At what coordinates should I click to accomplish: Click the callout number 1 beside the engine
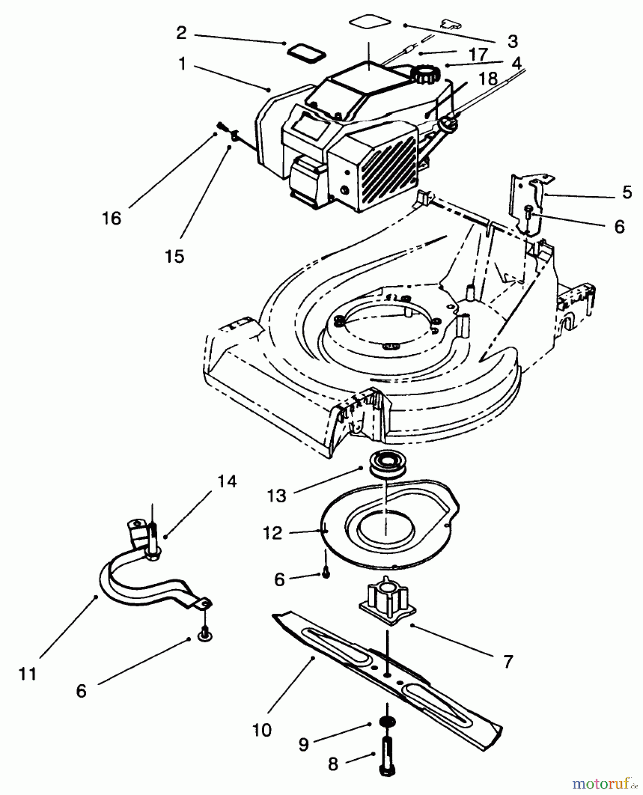pyautogui.click(x=181, y=64)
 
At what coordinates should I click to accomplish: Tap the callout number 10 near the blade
pyautogui.click(x=262, y=730)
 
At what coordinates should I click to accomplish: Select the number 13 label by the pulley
pyautogui.click(x=277, y=496)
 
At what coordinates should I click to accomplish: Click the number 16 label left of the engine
pyautogui.click(x=112, y=218)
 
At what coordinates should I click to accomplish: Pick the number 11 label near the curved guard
pyautogui.click(x=27, y=674)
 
